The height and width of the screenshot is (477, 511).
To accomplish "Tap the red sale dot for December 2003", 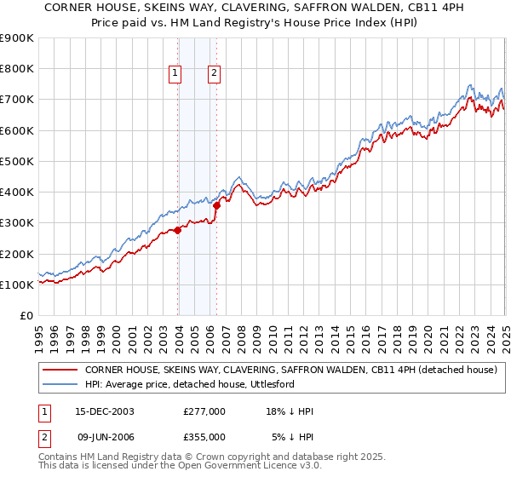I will tap(177, 230).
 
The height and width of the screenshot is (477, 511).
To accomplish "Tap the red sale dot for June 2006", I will tap(217, 205).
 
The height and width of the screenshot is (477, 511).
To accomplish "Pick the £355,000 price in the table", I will tap(204, 437).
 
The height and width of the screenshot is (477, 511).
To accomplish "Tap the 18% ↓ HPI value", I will tap(290, 411).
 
